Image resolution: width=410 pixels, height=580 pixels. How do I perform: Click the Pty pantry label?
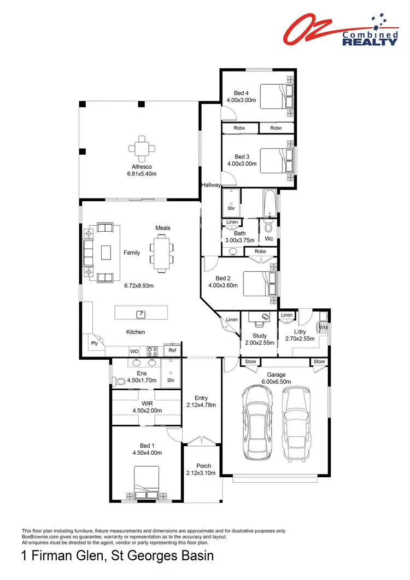point(94,344)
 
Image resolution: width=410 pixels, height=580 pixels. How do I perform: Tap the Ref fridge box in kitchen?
point(172,350)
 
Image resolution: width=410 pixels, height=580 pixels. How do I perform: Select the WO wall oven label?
point(134,351)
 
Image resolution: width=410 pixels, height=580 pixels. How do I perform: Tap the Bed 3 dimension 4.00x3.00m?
point(242,163)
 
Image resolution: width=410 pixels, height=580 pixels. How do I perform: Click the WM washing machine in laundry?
point(323,328)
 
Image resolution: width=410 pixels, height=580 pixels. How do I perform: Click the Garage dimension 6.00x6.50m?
point(276,382)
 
